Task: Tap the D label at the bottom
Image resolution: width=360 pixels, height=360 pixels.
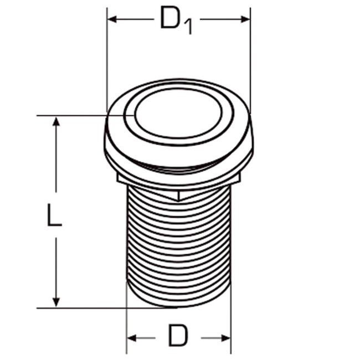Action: pyautogui.click(x=178, y=336)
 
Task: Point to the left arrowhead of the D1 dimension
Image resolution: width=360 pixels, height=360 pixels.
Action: pyautogui.click(x=111, y=19)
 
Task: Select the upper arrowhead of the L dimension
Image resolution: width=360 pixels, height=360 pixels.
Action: pyautogui.click(x=55, y=122)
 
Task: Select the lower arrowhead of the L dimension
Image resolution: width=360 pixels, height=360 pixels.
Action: pyautogui.click(x=55, y=302)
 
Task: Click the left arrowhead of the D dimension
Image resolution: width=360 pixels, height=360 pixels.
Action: pyautogui.click(x=132, y=337)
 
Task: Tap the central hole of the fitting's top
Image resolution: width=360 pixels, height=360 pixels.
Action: pyautogui.click(x=178, y=114)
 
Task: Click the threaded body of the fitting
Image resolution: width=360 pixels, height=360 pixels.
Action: pyautogui.click(x=178, y=244)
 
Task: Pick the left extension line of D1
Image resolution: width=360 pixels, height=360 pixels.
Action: pyautogui.click(x=106, y=61)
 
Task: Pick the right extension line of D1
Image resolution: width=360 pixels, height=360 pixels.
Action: pyautogui.click(x=250, y=61)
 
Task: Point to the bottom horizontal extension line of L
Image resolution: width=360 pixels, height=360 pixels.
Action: pyautogui.click(x=89, y=308)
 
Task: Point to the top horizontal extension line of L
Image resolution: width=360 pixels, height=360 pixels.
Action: pyautogui.click(x=78, y=116)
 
